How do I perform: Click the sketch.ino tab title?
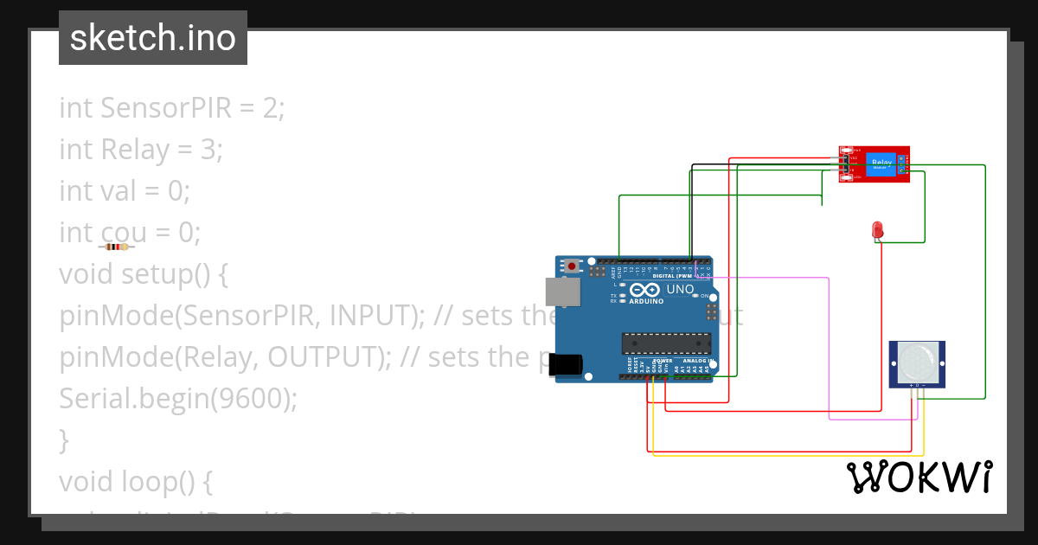coord(153,38)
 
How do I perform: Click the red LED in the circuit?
coord(877,230)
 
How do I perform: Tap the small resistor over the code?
coord(117,247)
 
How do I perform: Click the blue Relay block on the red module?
coord(881,162)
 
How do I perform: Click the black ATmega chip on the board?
coord(667,343)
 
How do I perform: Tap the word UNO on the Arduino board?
coord(680,289)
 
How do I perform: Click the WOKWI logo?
coord(919,477)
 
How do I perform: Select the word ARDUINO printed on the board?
coord(646,302)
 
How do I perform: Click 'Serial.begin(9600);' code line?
coord(178,399)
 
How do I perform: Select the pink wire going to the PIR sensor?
coord(830,346)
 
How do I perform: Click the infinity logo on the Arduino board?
coord(644,290)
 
